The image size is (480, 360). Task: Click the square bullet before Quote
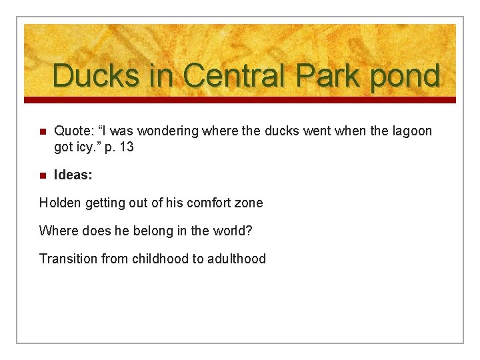click(42, 132)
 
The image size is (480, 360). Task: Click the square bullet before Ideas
click(42, 175)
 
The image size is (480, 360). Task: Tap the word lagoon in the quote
click(409, 131)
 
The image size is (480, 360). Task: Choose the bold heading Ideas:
click(73, 175)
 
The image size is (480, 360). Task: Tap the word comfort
click(209, 203)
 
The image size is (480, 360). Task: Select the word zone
click(250, 203)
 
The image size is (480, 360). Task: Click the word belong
click(151, 231)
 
